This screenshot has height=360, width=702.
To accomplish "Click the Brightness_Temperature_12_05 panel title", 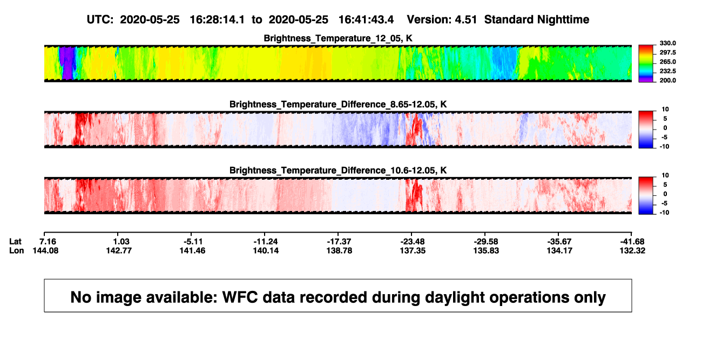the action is (x=338, y=38).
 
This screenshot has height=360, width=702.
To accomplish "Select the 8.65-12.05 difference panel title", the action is (x=338, y=104).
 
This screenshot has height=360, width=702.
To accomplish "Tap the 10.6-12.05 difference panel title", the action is (x=338, y=171).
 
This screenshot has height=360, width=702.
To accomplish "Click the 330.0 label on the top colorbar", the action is (x=667, y=43).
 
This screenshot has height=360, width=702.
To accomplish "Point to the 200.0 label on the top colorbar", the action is (x=667, y=80).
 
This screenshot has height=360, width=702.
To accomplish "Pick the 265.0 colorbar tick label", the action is (x=667, y=62).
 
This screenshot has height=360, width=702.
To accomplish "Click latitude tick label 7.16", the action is (x=48, y=242).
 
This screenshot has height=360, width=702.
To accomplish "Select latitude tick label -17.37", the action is (x=339, y=242).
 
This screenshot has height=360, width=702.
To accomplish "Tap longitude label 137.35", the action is (x=413, y=250).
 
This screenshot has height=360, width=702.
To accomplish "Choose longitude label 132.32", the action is (x=632, y=250).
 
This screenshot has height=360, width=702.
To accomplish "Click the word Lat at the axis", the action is (x=15, y=242).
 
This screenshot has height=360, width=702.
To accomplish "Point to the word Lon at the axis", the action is (x=16, y=250).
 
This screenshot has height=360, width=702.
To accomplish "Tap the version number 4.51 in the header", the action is (x=465, y=19).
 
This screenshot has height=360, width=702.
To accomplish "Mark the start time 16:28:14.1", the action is (x=217, y=19).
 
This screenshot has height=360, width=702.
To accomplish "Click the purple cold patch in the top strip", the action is (x=66, y=63).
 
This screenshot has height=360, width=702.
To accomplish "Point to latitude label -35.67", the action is (x=559, y=242).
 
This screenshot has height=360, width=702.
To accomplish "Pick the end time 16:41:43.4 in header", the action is (x=366, y=19).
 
